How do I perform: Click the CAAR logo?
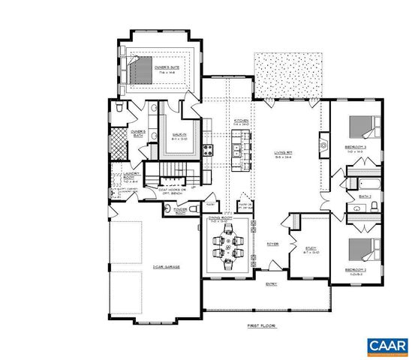point(386,346)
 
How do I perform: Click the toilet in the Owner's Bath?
point(122,109)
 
